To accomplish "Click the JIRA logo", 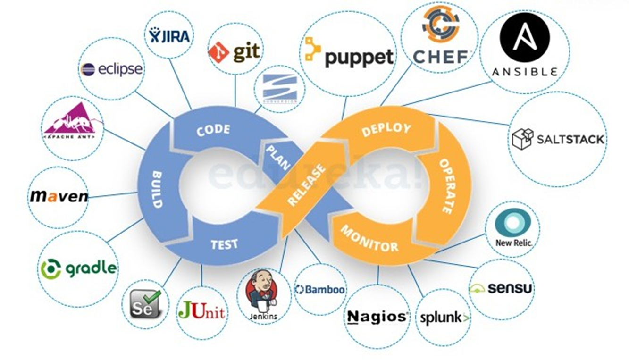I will [x=169, y=35].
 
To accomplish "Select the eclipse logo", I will [x=111, y=69].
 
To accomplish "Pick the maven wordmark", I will [x=59, y=196].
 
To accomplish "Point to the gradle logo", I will [x=78, y=268].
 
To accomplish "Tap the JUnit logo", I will [x=201, y=312].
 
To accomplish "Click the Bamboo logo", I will [x=320, y=289].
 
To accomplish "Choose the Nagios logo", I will [x=377, y=317].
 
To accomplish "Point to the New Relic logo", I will [x=513, y=228].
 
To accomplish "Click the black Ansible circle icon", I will [x=524, y=38].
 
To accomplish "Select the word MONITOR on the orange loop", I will [x=369, y=238].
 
